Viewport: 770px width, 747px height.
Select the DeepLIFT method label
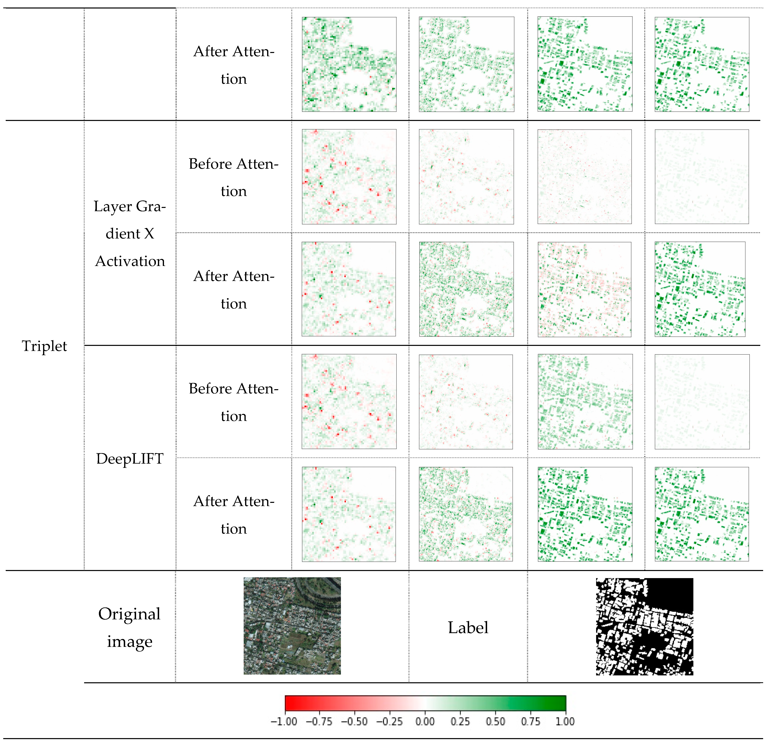tap(130, 459)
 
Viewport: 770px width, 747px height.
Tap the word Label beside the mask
tap(468, 627)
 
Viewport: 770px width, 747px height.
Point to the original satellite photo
tap(292, 626)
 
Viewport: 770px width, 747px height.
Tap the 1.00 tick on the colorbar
tap(565, 722)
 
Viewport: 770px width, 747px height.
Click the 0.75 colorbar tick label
tap(530, 722)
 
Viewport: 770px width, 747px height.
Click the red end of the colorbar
tap(291, 703)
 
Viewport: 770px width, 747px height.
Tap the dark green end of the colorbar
tap(560, 703)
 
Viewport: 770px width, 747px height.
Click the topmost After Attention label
tap(234, 65)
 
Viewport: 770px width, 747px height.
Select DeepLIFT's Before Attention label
tap(234, 402)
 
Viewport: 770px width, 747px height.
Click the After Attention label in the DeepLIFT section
tap(234, 515)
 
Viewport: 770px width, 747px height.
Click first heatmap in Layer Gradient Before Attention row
tap(349, 177)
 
